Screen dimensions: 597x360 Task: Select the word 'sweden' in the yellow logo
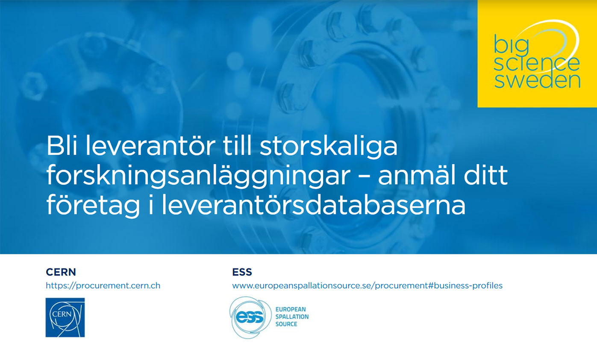click(x=537, y=80)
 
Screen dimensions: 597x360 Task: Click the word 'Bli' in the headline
click(x=62, y=145)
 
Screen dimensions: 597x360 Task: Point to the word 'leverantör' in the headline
click(x=150, y=145)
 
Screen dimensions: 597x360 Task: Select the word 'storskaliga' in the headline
click(x=328, y=148)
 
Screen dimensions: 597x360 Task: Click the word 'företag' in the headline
click(x=93, y=206)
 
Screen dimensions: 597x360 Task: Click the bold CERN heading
click(x=61, y=272)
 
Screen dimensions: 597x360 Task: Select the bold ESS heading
click(x=242, y=272)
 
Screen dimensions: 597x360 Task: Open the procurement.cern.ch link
click(x=103, y=286)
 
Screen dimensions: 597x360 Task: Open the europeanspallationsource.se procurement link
click(x=367, y=286)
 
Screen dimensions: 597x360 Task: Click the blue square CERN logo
click(x=65, y=318)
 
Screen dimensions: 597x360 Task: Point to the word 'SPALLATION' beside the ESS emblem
click(x=292, y=317)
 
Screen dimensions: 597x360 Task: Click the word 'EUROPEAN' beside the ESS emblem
click(x=291, y=309)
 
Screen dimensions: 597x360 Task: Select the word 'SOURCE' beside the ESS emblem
click(x=286, y=324)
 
